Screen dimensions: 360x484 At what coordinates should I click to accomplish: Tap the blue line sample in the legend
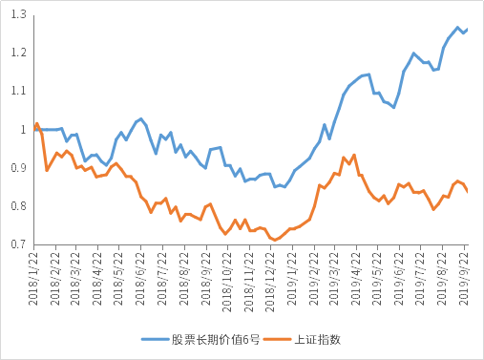pos(156,339)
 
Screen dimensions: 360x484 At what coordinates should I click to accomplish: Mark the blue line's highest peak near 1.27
pos(458,28)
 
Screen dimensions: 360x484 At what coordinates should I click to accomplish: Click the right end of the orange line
pos(468,192)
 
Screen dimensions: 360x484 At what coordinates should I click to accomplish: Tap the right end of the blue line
pos(468,29)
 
